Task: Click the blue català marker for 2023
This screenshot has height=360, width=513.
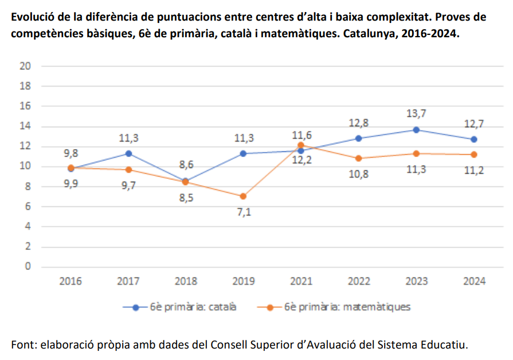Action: [416, 130]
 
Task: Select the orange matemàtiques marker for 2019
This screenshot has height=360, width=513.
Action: [243, 196]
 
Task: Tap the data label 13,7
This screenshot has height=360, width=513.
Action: [416, 114]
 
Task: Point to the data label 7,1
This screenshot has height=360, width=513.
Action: [243, 212]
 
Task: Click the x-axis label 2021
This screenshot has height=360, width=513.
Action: [301, 281]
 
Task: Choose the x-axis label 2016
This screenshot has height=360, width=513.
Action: [71, 281]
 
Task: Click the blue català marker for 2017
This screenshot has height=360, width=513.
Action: [128, 154]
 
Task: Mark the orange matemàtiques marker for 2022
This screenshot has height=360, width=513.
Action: [358, 158]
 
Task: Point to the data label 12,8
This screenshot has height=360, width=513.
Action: [358, 123]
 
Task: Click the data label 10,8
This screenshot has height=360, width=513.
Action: [358, 174]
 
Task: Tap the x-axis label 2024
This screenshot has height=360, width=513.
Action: [474, 281]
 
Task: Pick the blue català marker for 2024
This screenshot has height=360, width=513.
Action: [474, 139]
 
